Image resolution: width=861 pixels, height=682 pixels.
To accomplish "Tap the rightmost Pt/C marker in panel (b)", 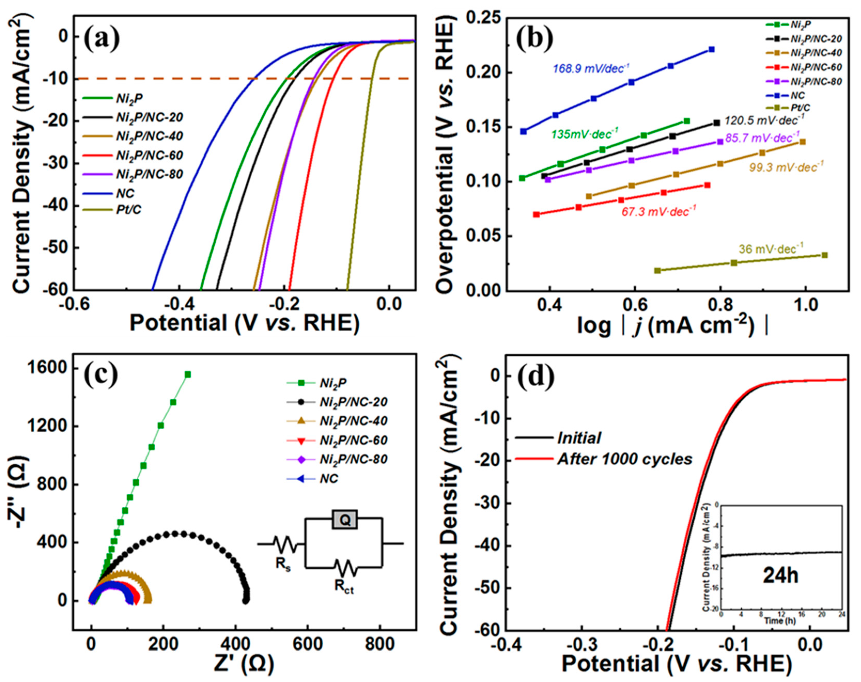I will (825, 255).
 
